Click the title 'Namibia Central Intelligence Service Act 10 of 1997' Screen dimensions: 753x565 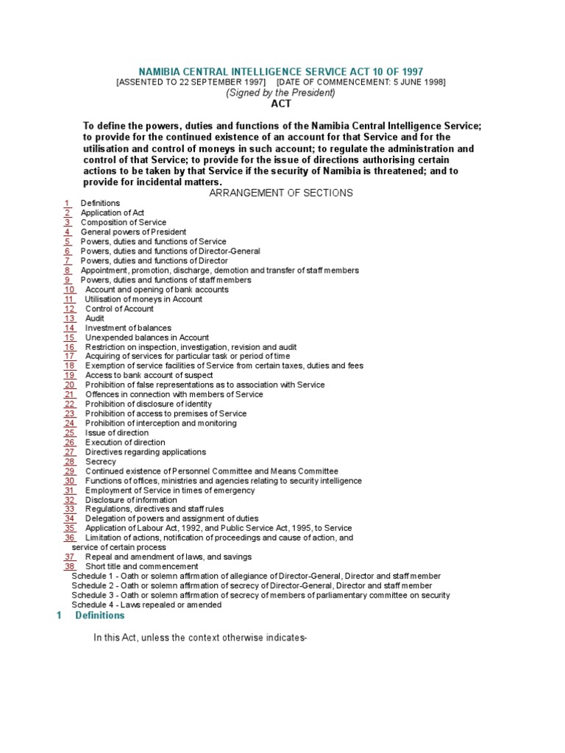[x=282, y=71]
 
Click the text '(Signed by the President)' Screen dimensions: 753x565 [x=282, y=93]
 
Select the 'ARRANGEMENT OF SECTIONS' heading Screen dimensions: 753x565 [x=282, y=193]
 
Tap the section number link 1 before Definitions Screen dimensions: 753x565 [x=67, y=203]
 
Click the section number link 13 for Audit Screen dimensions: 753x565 [x=70, y=318]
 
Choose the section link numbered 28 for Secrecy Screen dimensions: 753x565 [x=70, y=462]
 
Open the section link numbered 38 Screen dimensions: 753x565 [x=70, y=566]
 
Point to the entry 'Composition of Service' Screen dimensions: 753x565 [x=124, y=222]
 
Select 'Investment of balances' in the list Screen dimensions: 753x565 [x=128, y=328]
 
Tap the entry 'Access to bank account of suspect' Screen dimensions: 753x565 [x=149, y=375]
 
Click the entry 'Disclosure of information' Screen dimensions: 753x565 [x=131, y=500]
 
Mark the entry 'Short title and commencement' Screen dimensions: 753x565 [x=142, y=566]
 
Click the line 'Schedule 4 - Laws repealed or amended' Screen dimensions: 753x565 [x=146, y=604]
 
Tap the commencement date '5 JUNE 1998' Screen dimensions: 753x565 [x=414, y=82]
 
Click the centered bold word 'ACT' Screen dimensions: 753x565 [x=282, y=104]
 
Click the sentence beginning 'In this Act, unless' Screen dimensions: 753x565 [x=199, y=638]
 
